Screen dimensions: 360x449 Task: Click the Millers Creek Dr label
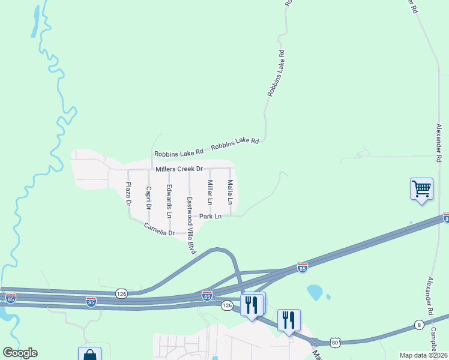[179, 169]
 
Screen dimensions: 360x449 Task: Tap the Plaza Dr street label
[128, 194]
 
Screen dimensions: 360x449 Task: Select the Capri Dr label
[148, 197]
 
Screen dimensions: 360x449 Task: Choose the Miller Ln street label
[210, 191]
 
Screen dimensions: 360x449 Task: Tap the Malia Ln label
[229, 190]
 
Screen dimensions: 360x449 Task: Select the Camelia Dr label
[159, 229]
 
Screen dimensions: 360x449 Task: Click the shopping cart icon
[421, 189]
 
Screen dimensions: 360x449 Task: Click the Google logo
[20, 353]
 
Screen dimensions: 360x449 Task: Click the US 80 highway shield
[334, 342]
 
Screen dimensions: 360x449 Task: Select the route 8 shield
[418, 325]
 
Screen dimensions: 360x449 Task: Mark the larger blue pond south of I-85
[315, 292]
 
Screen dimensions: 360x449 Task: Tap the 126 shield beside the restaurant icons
[227, 305]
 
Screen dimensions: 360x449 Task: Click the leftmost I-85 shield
[10, 297]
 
